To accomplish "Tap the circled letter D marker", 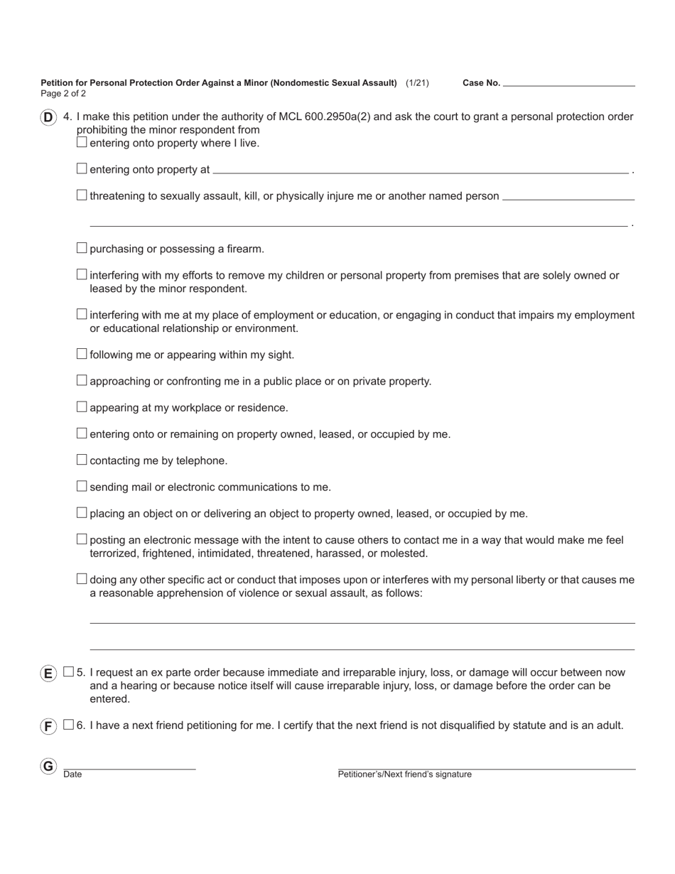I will click(48, 118).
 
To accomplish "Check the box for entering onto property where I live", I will click(82, 142).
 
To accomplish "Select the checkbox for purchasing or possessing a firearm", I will click(82, 248).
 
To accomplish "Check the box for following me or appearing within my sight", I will click(82, 354).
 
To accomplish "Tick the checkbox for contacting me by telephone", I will click(82, 460).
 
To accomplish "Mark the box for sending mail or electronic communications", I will click(82, 486).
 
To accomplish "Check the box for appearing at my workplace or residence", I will click(82, 407).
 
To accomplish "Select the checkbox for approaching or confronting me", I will click(82, 380).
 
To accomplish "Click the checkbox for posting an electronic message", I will click(82, 539).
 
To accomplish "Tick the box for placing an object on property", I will click(82, 513).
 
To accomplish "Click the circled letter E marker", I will click(48, 674).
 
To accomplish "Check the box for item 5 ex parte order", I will click(68, 671).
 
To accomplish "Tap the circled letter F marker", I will click(48, 726).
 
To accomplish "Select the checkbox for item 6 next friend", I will click(68, 725).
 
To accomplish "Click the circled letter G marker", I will click(48, 767).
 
